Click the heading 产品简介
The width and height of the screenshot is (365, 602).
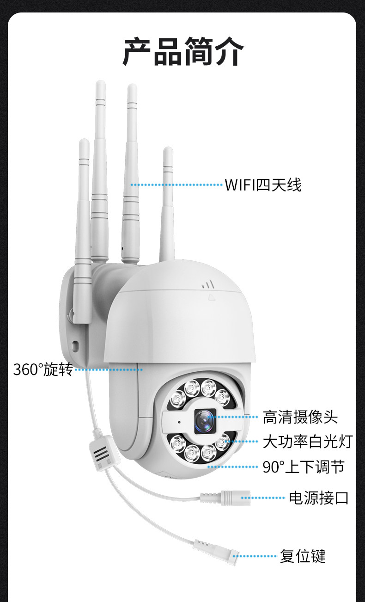(x=182, y=51)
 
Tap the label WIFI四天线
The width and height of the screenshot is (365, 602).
(x=263, y=185)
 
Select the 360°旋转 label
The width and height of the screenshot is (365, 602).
(x=43, y=369)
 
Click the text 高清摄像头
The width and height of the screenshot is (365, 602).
(x=300, y=417)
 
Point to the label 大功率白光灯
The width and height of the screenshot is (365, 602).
(x=307, y=442)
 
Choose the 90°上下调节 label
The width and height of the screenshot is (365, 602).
(x=304, y=467)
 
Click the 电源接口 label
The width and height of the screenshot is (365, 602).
(x=319, y=498)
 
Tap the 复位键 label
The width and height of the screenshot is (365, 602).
(x=303, y=555)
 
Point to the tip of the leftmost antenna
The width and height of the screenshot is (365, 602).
(x=84, y=143)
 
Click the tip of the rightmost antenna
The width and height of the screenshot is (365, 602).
(x=168, y=151)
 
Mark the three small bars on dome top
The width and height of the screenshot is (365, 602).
(x=208, y=284)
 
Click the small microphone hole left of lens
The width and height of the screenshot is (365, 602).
(x=179, y=422)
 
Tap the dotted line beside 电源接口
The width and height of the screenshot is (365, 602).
(x=262, y=498)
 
